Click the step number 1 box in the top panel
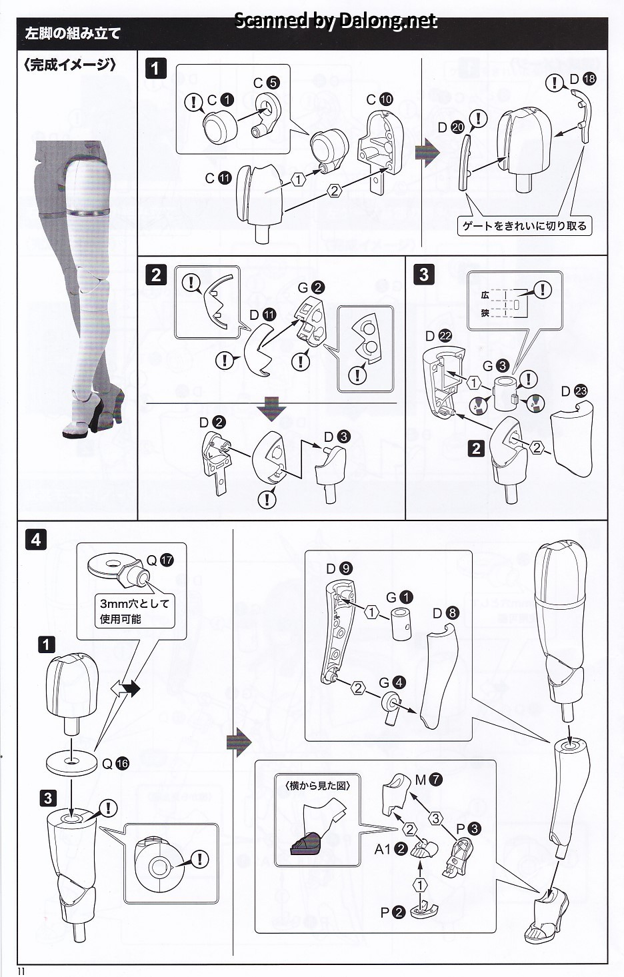[155, 68]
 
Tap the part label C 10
[379, 99]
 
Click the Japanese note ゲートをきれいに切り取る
[525, 226]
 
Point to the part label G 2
[311, 287]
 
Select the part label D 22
[439, 336]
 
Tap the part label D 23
[573, 391]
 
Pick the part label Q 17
[159, 560]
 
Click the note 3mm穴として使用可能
[135, 611]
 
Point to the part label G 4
[392, 682]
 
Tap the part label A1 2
[391, 849]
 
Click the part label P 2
[391, 912]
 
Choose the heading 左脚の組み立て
[73, 33]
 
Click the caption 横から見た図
[317, 785]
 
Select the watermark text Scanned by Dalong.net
[336, 21]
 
